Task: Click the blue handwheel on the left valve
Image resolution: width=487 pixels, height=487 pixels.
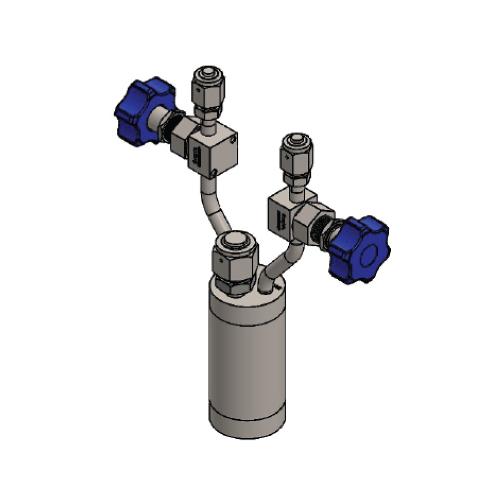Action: click(x=139, y=110)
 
